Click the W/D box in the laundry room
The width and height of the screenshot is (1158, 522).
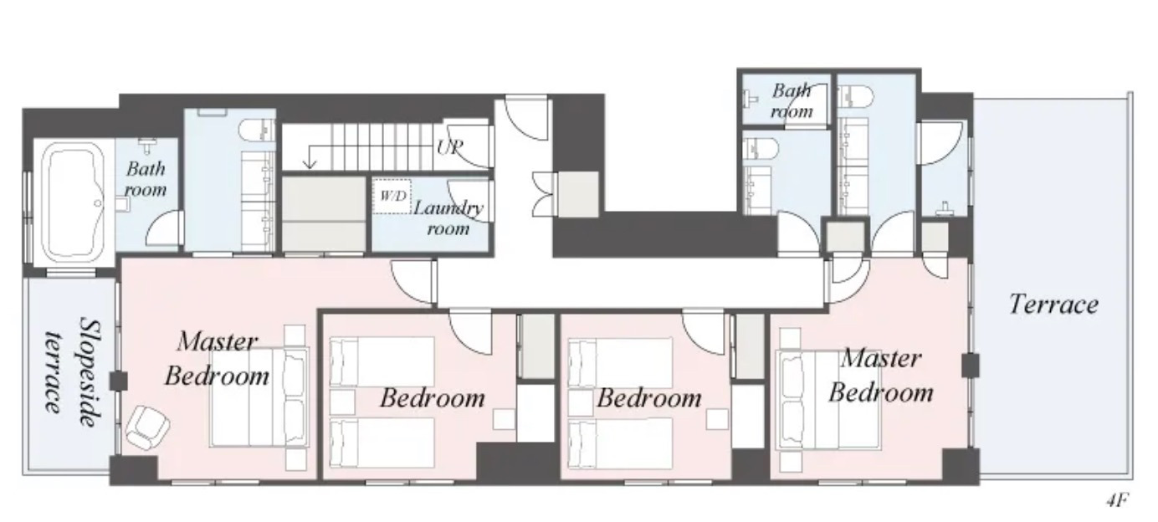coord(392,196)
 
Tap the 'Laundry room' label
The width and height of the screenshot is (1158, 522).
coord(448,218)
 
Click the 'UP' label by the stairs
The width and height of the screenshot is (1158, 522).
coord(449,147)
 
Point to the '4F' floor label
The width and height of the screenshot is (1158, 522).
coord(1117,500)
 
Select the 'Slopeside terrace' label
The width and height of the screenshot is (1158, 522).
coord(71,372)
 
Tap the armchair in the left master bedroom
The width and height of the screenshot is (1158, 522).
coord(148,427)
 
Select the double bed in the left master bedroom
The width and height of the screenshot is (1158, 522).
coord(259,397)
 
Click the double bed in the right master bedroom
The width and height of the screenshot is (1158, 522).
coord(828,400)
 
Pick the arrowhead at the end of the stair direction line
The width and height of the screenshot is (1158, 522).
coord(310,165)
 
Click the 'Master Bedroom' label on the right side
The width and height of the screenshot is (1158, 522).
coord(881,376)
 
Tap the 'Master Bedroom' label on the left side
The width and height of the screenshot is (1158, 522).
coord(218,359)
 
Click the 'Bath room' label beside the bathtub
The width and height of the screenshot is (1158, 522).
coord(146,179)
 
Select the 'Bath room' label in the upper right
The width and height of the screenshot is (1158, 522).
coord(792,100)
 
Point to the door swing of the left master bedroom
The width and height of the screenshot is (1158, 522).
coord(412,282)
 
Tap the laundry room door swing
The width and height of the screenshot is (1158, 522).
coord(468,201)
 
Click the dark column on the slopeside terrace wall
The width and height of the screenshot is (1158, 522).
coord(118,381)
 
